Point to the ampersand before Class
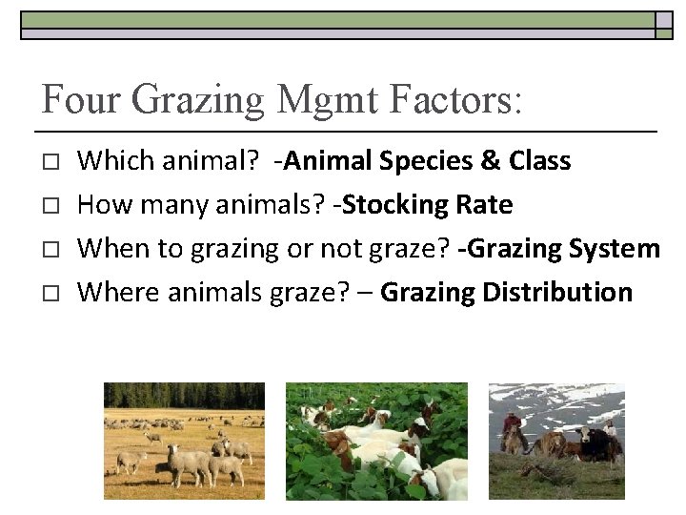click(x=491, y=160)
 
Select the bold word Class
click(x=539, y=160)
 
